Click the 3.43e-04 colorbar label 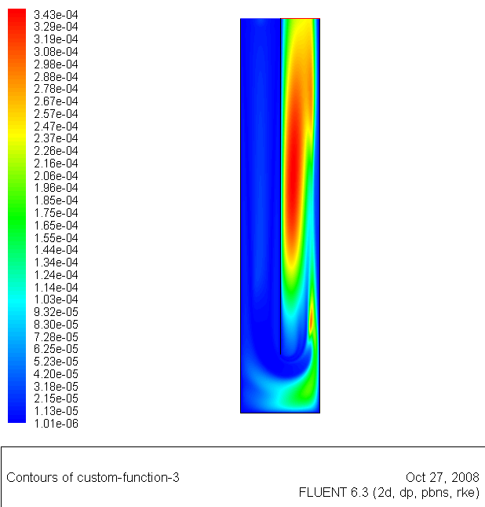pos(56,15)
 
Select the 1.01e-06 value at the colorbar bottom pos(56,424)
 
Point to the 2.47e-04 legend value pos(56,126)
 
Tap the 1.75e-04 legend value pos(56,213)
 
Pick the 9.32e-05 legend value pos(56,312)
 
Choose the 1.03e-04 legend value pos(56,299)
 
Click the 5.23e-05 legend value pos(56,362)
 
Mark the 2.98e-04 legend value pos(56,64)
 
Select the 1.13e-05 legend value pos(56,411)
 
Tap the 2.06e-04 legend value pos(56,175)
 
